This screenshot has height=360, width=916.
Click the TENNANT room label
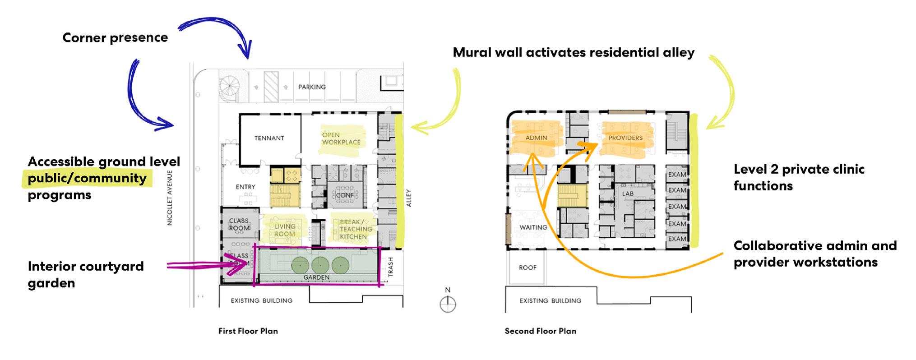269,138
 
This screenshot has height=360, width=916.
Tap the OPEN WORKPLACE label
341,138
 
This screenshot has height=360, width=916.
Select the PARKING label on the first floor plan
312,87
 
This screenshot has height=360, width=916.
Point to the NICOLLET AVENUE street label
170,198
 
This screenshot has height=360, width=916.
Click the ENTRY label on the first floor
245,187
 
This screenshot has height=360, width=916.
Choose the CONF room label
345,195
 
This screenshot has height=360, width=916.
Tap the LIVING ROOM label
285,230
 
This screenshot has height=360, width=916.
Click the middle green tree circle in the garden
319,265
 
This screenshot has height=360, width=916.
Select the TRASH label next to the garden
391,267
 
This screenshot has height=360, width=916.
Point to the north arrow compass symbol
448,304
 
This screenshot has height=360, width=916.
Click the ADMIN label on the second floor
536,138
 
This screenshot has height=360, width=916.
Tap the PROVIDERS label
625,138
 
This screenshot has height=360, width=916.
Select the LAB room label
628,194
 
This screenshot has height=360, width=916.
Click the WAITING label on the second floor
533,227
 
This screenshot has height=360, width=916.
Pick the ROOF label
527,268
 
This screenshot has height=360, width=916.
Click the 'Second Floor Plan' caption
540,331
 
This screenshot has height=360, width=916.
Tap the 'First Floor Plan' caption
248,331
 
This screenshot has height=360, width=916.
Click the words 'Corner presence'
115,37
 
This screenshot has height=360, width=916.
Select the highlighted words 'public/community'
87,178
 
